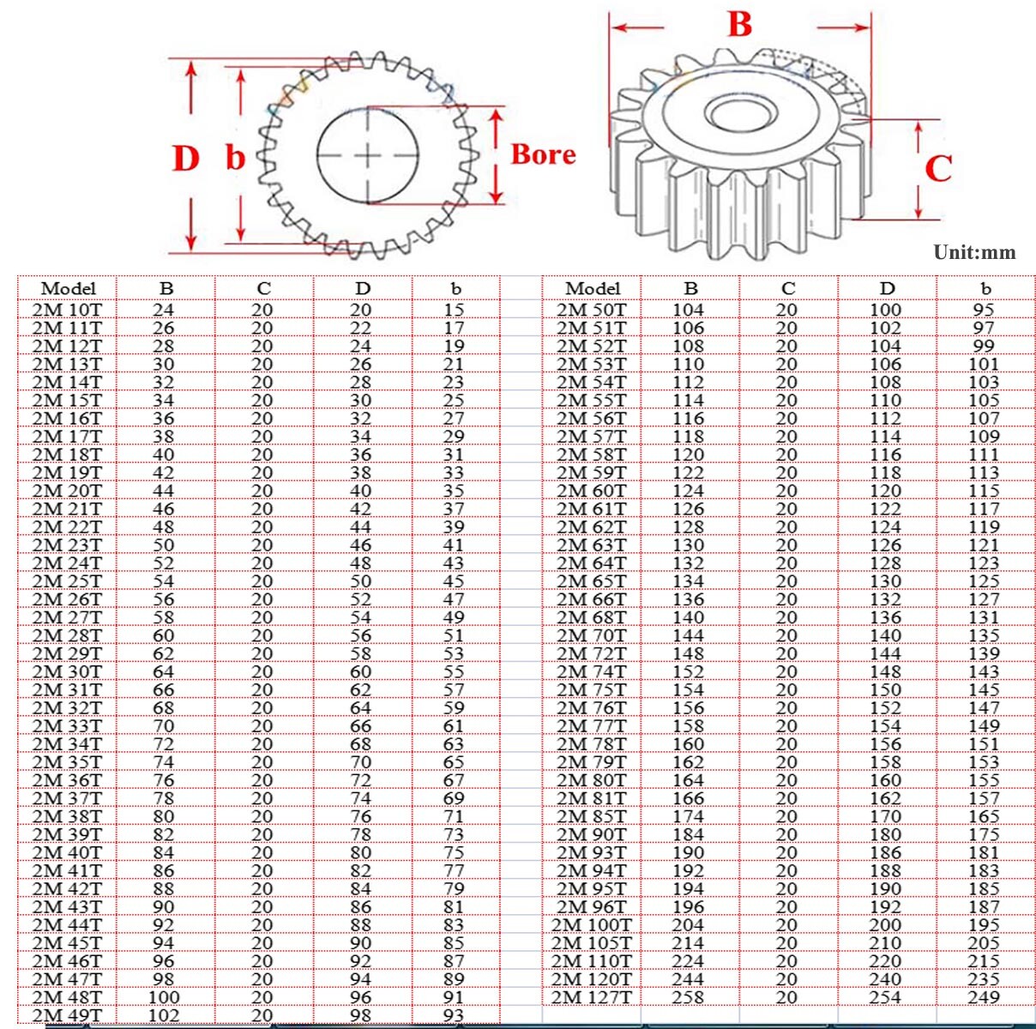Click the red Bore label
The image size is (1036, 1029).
tap(543, 154)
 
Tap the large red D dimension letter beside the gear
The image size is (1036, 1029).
tap(185, 159)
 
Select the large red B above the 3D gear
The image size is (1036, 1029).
tap(739, 25)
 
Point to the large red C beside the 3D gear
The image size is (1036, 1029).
tap(937, 168)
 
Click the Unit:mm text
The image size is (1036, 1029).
tap(974, 252)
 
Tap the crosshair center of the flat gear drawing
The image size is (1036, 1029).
tap(368, 156)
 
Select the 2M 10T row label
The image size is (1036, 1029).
tap(67, 310)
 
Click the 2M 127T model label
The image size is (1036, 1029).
tap(591, 997)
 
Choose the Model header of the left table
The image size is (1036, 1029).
tap(68, 288)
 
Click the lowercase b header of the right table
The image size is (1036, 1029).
tap(985, 288)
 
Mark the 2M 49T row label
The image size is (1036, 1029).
tap(67, 1015)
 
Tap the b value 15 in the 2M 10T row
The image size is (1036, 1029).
tap(454, 310)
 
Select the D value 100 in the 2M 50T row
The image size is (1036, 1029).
tap(885, 310)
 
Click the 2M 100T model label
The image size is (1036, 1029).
tap(591, 925)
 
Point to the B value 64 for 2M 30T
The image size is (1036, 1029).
tap(163, 671)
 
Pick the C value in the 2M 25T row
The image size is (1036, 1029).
tap(262, 581)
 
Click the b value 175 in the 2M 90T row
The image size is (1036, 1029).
tap(984, 834)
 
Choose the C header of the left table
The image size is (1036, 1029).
tap(263, 288)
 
